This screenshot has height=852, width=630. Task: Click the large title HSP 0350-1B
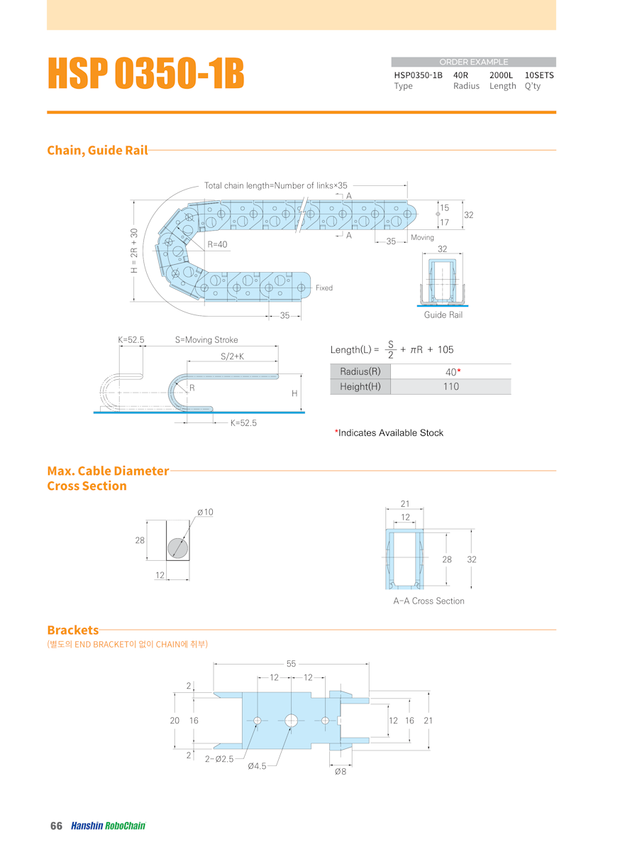coord(146,73)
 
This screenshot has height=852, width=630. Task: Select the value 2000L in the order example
coord(502,75)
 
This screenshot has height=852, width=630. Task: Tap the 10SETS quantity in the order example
coord(539,75)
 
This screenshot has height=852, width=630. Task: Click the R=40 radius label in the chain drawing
coord(217,244)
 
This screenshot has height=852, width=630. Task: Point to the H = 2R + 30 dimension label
coord(134,249)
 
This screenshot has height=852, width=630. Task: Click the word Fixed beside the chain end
coord(324,288)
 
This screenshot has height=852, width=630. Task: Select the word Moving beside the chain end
coord(422,237)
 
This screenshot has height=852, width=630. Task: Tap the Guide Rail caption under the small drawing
coord(443,315)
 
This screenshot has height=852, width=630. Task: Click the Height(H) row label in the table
coord(360,386)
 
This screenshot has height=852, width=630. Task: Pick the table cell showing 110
coord(451,386)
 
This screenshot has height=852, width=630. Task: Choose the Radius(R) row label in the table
coord(360,371)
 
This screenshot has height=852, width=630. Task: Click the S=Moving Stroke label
coord(206,340)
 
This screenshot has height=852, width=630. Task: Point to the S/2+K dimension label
coord(232,356)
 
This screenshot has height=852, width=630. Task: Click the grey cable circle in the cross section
coord(178,547)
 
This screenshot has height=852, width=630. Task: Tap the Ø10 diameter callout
coord(205,512)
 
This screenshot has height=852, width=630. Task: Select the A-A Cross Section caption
coord(429,601)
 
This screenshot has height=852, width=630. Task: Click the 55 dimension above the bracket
coord(292,664)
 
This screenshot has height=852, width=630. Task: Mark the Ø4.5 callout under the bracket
coord(257,766)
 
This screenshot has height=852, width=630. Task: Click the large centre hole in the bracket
coord(292,721)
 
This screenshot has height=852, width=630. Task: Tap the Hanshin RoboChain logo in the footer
coord(108,826)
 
